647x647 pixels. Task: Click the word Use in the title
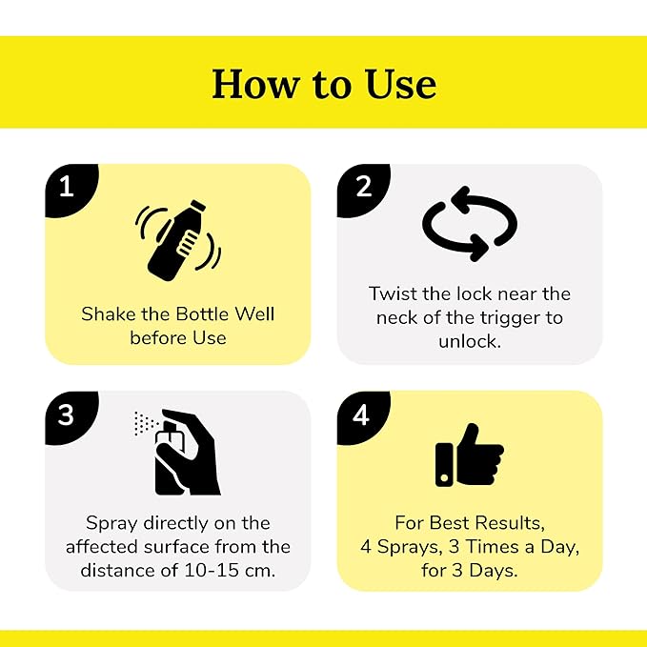(400, 84)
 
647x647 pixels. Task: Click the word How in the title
(254, 84)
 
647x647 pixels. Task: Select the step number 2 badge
(362, 189)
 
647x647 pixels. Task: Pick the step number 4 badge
(362, 415)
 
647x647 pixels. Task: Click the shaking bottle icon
(178, 240)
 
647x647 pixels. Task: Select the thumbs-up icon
(470, 455)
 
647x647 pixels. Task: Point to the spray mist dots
(145, 422)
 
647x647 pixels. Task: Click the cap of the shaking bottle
(197, 206)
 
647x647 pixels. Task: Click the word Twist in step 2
(393, 293)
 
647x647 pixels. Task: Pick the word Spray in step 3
(111, 524)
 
